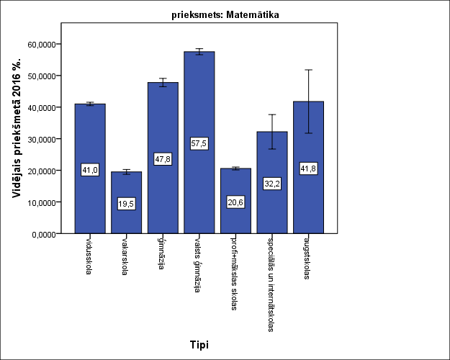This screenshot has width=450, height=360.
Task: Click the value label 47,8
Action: click(x=163, y=159)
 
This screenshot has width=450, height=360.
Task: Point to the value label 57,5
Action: click(x=199, y=143)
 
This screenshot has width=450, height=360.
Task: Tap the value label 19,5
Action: click(x=126, y=204)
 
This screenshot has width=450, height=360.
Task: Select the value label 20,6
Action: click(x=235, y=202)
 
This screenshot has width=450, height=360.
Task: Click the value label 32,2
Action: click(x=271, y=184)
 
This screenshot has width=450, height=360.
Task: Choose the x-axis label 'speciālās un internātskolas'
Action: click(x=271, y=282)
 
